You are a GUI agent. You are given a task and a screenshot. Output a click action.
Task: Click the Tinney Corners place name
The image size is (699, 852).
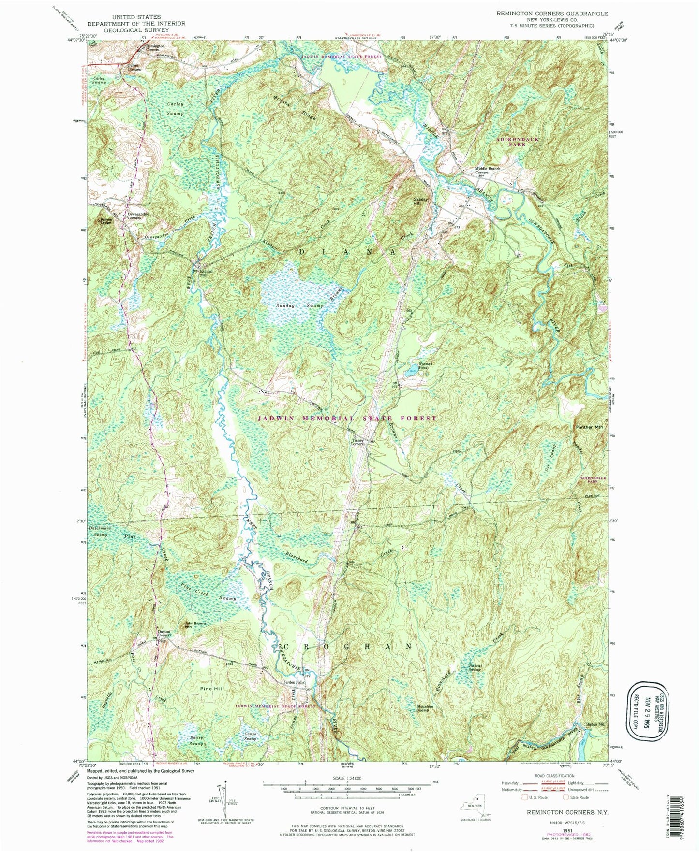click(357, 442)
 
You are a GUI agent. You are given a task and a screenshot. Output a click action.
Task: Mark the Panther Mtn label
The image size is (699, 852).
click(589, 427)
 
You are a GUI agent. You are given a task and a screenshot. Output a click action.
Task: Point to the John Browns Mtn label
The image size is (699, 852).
click(196, 624)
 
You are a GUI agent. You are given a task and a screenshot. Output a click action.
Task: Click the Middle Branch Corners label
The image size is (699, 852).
click(487, 170)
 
